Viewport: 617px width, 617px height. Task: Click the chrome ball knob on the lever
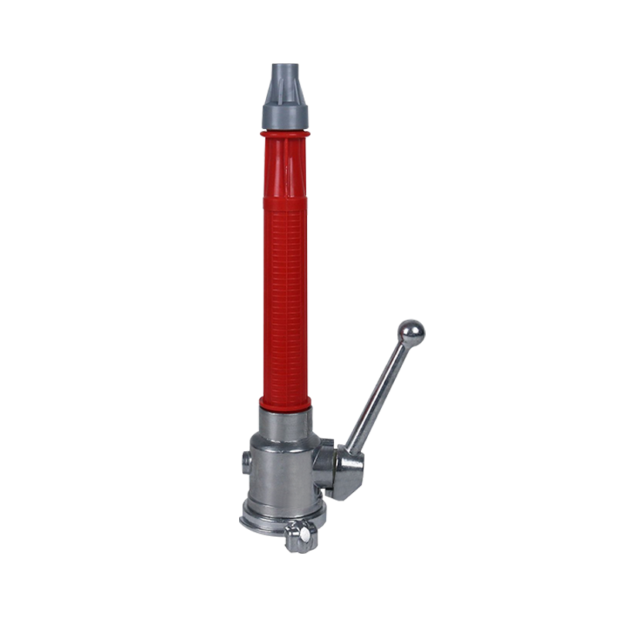tap(413, 332)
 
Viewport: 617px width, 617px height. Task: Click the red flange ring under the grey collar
tap(285, 133)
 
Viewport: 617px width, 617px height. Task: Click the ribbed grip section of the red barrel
tap(285, 301)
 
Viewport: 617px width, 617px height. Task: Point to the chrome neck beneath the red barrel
tap(285, 422)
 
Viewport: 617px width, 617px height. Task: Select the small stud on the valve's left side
tap(244, 463)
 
